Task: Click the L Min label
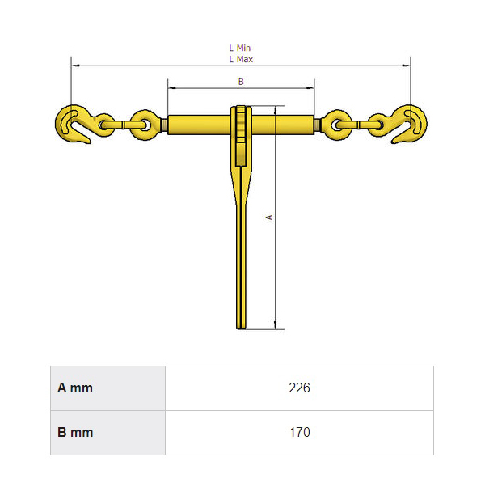[240, 48]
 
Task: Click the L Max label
[241, 59]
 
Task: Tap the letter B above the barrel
[241, 82]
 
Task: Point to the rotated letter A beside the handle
[270, 218]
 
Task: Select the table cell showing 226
[299, 388]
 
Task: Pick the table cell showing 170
[299, 433]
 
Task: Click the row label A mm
[75, 388]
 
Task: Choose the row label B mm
[75, 433]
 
